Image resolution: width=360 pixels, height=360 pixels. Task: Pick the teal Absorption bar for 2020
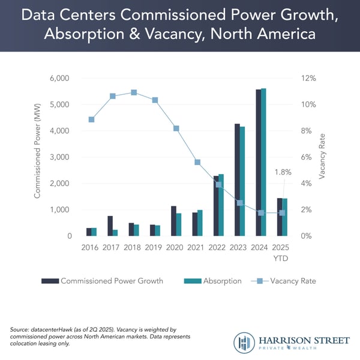(x=179, y=224)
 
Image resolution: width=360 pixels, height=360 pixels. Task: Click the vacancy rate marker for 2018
(x=134, y=92)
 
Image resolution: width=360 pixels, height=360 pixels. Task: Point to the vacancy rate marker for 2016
(x=91, y=119)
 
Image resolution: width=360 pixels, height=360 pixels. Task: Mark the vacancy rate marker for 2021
(x=197, y=162)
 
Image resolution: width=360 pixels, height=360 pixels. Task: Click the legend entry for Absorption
(x=220, y=280)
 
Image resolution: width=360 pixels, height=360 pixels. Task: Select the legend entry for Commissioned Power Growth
(x=111, y=280)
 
